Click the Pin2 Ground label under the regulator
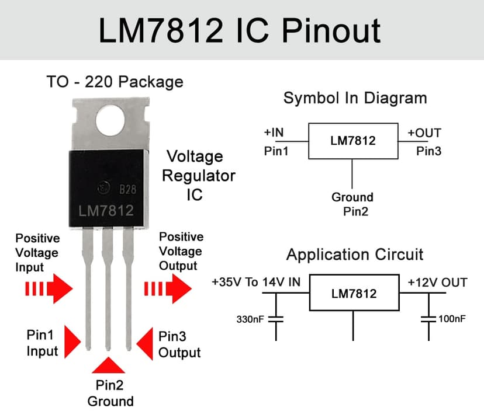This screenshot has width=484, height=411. pos(110,393)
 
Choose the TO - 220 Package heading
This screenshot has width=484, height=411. pos(115,82)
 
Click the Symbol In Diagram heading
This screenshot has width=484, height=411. pos(355,98)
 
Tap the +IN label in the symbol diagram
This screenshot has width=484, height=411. pos(274,133)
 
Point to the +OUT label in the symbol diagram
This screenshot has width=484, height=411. pos(424,133)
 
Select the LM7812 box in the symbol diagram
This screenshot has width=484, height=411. pos(353,141)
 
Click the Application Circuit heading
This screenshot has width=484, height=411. pos(355,255)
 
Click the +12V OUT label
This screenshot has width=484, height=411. pos(437,283)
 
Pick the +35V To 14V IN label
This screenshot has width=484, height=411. pos(256,283)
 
